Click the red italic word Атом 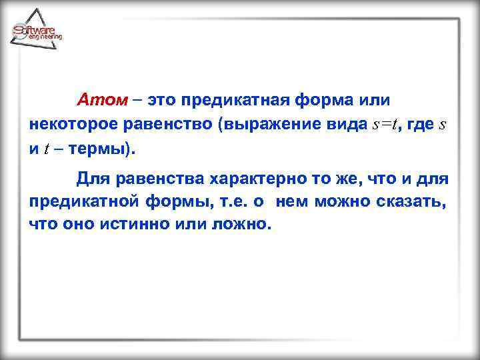(101, 100)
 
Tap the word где (419, 125)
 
